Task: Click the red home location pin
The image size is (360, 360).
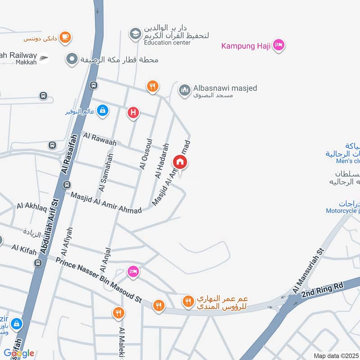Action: point(180,162)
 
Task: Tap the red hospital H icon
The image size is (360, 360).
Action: point(133,112)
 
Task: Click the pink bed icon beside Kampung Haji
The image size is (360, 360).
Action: point(279,45)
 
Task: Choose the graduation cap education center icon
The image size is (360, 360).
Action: point(135,33)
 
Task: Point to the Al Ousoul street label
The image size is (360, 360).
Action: point(144,153)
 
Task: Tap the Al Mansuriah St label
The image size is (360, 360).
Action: point(308,271)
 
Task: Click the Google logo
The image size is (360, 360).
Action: point(19,353)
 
